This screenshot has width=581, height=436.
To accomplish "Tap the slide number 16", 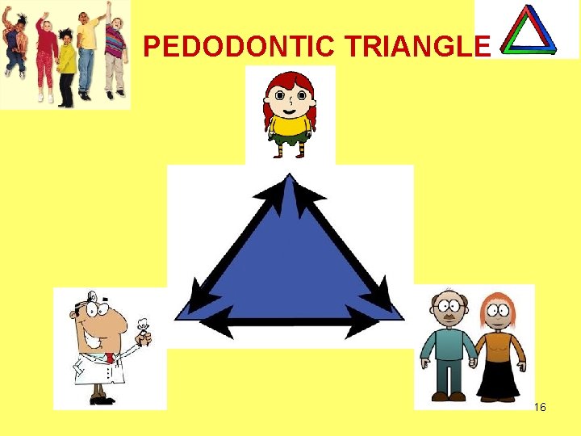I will (x=540, y=407).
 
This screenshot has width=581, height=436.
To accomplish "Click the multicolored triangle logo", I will (x=528, y=30).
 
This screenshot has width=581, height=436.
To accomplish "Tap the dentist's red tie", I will (x=109, y=358).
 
